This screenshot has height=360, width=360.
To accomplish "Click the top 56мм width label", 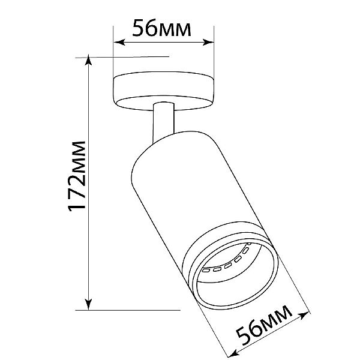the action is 161,28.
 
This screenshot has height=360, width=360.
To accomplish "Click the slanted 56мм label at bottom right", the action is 264,325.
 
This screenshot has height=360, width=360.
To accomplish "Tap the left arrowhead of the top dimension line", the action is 119,42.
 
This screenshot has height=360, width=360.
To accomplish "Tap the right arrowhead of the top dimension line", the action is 208,42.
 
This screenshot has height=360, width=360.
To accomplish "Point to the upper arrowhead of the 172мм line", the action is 88,60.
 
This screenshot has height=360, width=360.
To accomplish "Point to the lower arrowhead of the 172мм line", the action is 88,304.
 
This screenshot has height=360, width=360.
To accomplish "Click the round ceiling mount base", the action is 164,91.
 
